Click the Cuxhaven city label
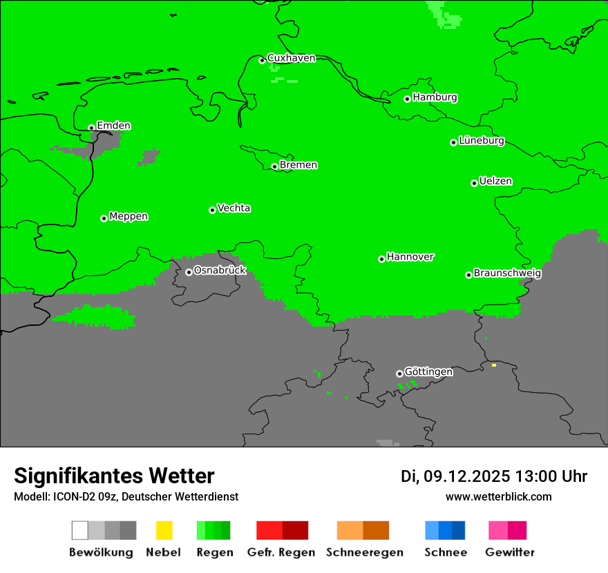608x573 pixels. click(x=291, y=58)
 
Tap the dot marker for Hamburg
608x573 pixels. click(x=408, y=99)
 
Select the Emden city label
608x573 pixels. click(x=113, y=126)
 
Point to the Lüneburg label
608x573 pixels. click(x=482, y=140)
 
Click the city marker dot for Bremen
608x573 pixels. click(x=274, y=166)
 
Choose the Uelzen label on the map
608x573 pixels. click(x=495, y=181)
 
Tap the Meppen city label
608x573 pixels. click(x=129, y=216)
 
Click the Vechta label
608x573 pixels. click(x=234, y=208)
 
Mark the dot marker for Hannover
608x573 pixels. click(x=381, y=259)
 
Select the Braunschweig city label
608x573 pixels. click(x=507, y=273)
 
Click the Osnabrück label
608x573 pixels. click(x=220, y=270)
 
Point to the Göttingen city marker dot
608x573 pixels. click(x=399, y=373)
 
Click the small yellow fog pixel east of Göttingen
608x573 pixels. click(x=493, y=365)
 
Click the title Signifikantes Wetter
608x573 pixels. click(x=114, y=476)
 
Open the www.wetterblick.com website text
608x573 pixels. click(x=498, y=496)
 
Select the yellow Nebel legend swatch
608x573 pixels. click(x=164, y=530)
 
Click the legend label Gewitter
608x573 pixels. click(x=509, y=552)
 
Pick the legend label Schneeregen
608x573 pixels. click(x=364, y=552)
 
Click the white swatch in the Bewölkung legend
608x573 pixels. click(x=79, y=530)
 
